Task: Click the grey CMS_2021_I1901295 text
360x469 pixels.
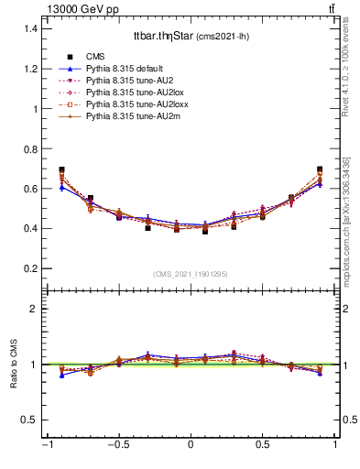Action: [190, 275]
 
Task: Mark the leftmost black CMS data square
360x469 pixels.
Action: [61, 170]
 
